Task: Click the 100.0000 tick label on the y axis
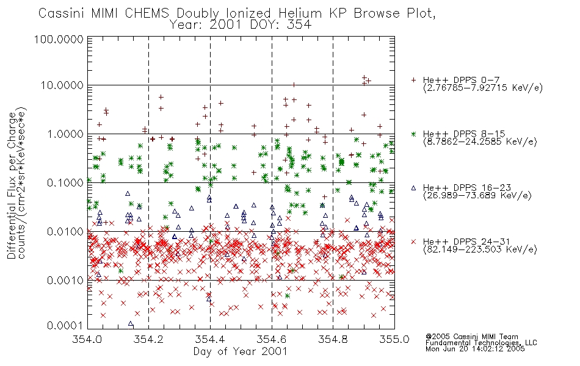click(x=59, y=39)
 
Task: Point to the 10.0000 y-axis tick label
click(x=62, y=85)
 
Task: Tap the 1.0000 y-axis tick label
click(x=65, y=134)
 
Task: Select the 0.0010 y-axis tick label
click(x=65, y=281)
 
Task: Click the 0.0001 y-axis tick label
click(x=65, y=326)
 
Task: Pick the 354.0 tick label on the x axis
click(x=87, y=339)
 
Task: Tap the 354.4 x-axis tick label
click(x=210, y=339)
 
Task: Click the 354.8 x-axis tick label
click(x=333, y=339)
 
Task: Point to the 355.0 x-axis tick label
click(x=394, y=339)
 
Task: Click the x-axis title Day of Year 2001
click(x=241, y=351)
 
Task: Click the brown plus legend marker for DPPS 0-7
click(x=413, y=80)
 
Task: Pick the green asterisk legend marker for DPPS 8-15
click(x=413, y=134)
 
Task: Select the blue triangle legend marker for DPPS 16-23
click(x=413, y=188)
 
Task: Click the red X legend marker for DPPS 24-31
click(x=413, y=242)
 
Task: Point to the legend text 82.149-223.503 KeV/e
click(x=480, y=249)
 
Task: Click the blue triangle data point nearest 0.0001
click(x=131, y=324)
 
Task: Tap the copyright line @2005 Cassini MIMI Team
click(x=471, y=337)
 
